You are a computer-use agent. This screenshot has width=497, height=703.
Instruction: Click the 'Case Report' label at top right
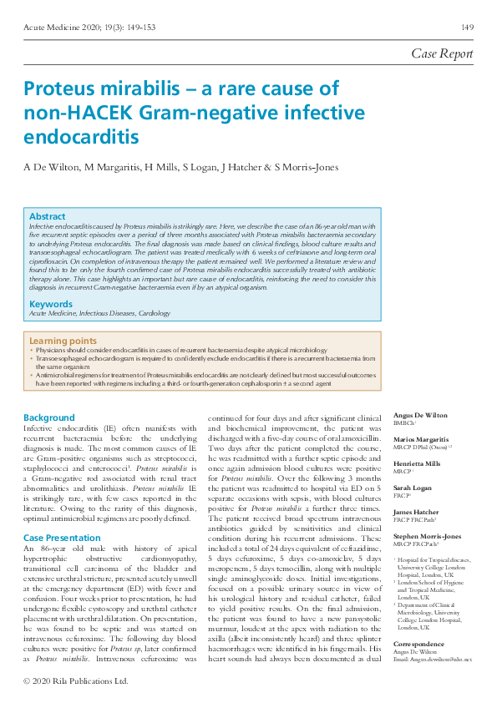tap(442, 53)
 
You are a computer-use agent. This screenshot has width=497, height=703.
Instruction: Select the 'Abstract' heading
tap(47, 216)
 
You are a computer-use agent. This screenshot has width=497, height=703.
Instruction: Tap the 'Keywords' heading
tap(50, 304)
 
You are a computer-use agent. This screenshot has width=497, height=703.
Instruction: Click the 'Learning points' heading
tap(63, 341)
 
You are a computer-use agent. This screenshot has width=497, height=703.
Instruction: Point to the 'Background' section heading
tap(48, 417)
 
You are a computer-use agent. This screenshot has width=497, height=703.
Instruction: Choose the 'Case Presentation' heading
tap(63, 514)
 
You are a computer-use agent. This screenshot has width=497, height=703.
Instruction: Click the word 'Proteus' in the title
tap(63, 90)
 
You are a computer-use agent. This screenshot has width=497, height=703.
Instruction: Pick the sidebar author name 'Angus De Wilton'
tap(419, 415)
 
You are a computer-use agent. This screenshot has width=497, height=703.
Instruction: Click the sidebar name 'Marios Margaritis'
tap(420, 439)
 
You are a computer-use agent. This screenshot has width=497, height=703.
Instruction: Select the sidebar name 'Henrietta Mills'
tap(418, 463)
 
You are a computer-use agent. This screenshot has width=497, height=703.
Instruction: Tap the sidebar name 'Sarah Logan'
tap(412, 488)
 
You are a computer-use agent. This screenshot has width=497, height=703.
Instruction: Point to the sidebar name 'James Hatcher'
tap(415, 512)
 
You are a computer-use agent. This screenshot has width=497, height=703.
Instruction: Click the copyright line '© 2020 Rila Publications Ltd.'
tap(76, 680)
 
